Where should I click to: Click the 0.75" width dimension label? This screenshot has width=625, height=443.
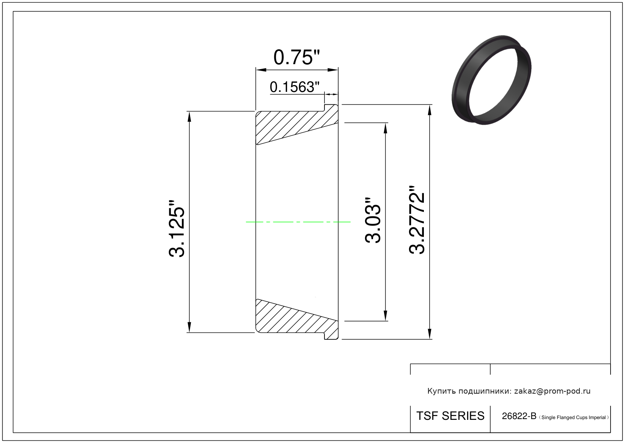pos(296,57)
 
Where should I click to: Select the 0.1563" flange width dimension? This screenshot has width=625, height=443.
pos(294,87)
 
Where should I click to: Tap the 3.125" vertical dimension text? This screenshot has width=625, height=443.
pos(176,229)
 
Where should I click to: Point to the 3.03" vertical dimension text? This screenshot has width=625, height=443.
pos(373,221)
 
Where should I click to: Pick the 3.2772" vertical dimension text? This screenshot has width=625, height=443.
pos(417,220)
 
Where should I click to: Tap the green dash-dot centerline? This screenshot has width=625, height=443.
pos(298,222)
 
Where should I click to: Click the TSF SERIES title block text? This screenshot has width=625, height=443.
pos(450,416)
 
